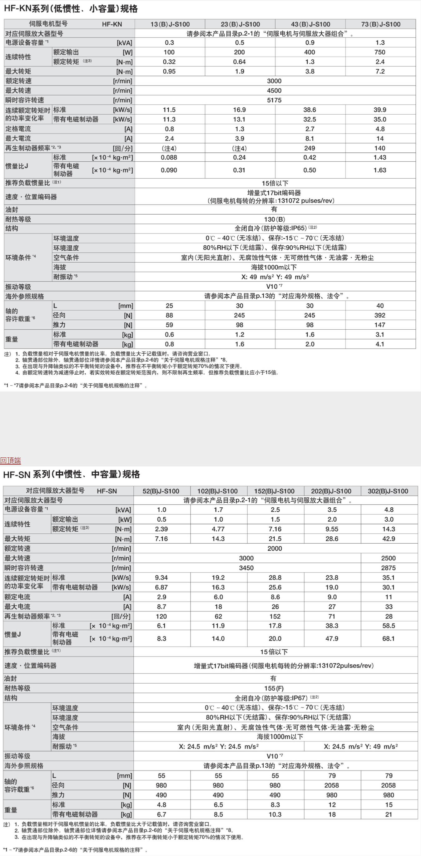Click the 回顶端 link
coord(10,460)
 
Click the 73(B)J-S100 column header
coord(380,24)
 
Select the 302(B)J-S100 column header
coord(388,491)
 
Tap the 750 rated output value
coord(379,52)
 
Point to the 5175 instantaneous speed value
coord(274,100)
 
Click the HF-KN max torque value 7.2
coord(380,71)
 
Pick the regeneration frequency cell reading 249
coord(309,148)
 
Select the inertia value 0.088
coord(169,158)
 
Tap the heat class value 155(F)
coord(274,688)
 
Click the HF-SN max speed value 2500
coord(388,558)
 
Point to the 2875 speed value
coord(388,568)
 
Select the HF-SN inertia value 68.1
coord(388,639)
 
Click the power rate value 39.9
coord(379,110)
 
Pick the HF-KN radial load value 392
coord(379,315)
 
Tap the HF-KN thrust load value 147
coord(379,325)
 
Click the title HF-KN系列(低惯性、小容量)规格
coord(71,9)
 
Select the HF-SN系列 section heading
coord(72,475)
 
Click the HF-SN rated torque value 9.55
coord(332,529)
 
